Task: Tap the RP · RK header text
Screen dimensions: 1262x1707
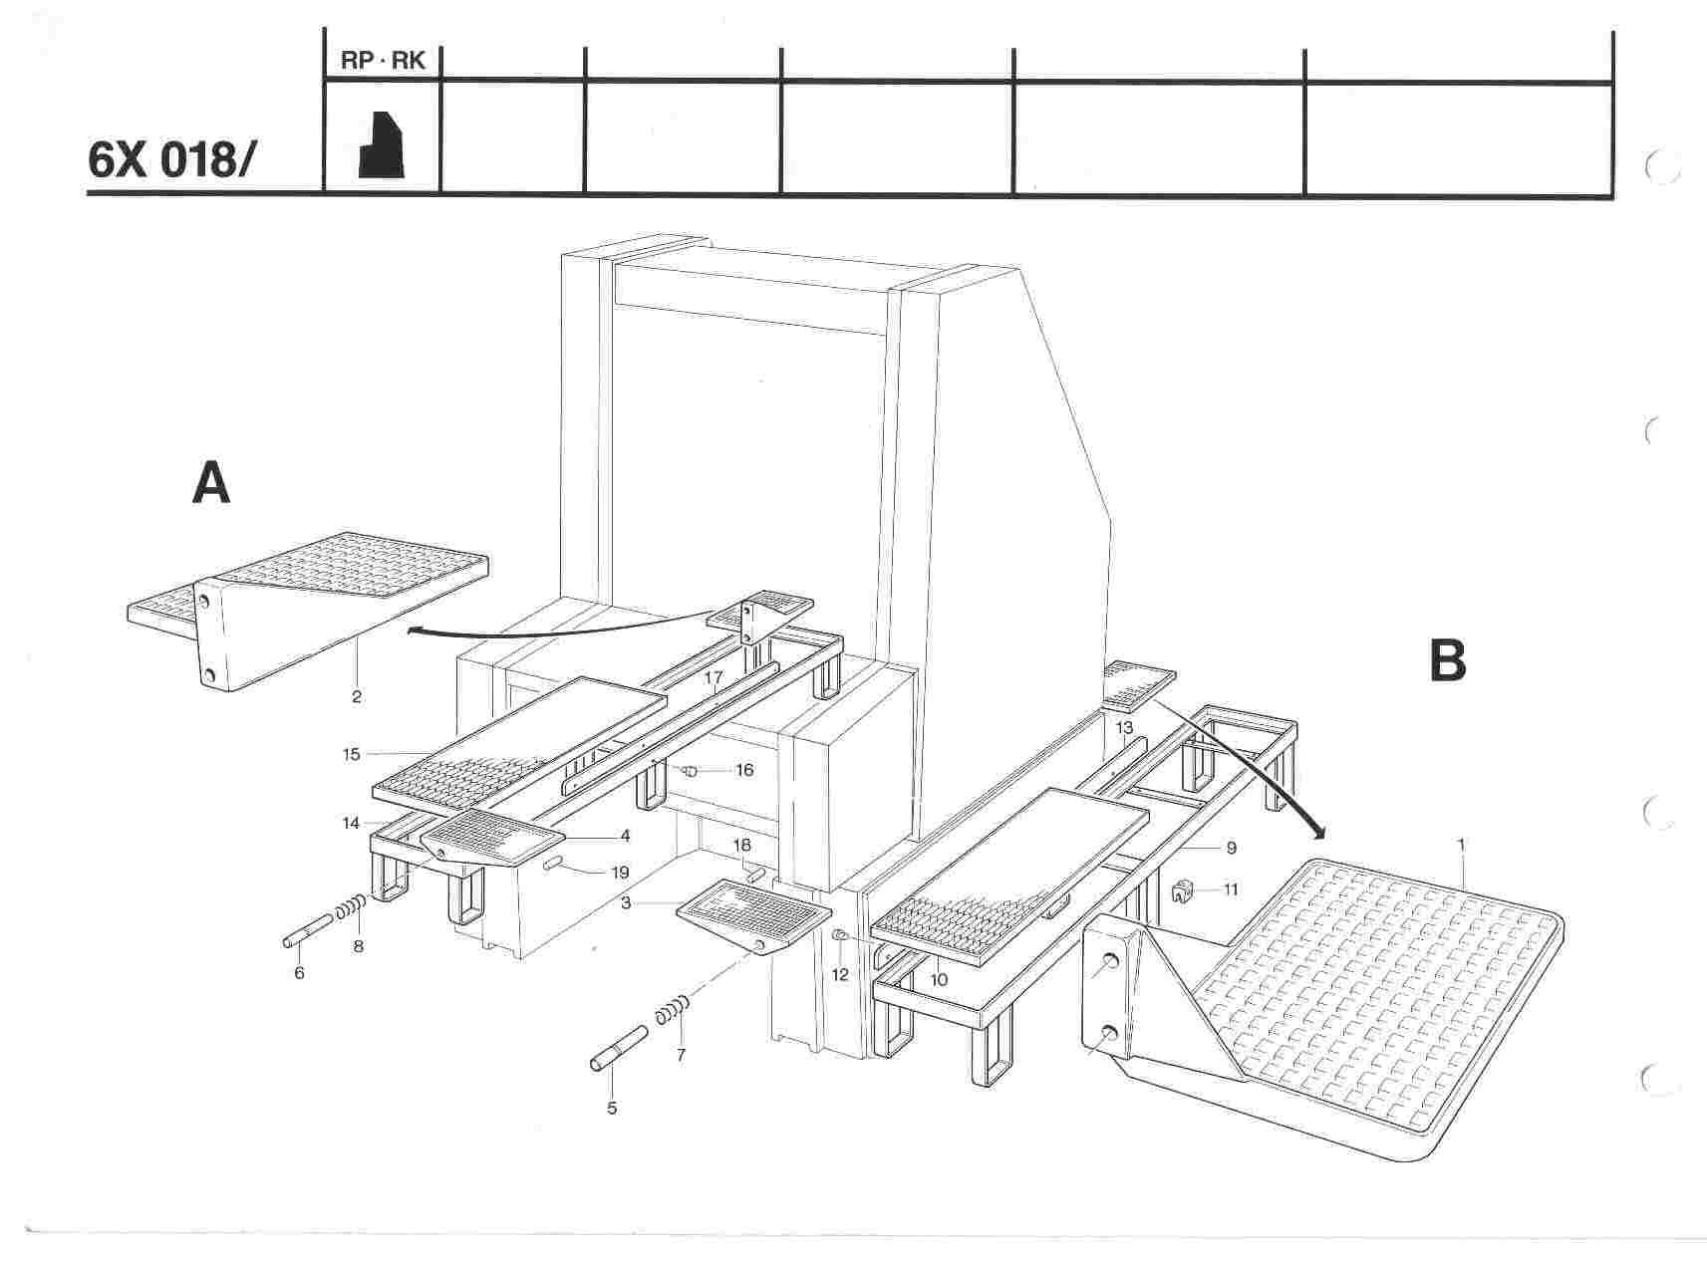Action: (383, 61)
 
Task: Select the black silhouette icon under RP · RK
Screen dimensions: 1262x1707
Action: (382, 144)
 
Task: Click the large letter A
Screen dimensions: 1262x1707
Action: (211, 485)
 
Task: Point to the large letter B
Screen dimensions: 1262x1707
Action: (1447, 659)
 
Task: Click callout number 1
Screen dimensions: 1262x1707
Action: (1461, 846)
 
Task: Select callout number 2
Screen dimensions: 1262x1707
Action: (356, 696)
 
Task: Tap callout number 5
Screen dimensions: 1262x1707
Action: (612, 1107)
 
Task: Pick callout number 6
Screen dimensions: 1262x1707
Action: (299, 972)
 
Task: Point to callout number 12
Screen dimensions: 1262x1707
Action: (840, 974)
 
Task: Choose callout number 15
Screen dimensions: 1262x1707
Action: (351, 754)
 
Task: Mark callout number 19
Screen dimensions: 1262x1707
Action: (620, 873)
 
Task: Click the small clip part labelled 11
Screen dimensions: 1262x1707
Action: (1183, 890)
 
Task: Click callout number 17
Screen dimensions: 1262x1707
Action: (712, 676)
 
